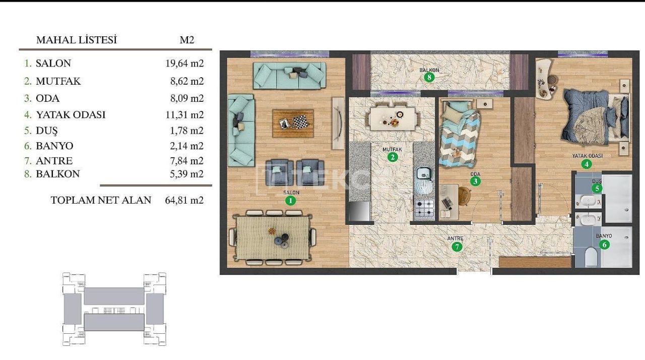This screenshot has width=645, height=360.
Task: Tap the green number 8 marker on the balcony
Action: (429, 77)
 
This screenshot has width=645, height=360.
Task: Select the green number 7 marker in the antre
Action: (457, 247)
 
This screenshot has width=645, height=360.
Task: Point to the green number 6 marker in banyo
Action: (604, 245)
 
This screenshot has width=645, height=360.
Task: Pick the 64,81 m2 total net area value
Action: (184, 200)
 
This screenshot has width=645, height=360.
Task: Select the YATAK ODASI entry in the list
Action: (71, 115)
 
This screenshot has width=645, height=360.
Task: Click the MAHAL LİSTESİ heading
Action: (77, 40)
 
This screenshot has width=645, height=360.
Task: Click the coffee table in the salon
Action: (293, 123)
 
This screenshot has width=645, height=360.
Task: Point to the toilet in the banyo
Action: (592, 257)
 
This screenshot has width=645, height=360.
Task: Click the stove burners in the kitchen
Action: (424, 208)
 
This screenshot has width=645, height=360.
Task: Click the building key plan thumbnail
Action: (114, 309)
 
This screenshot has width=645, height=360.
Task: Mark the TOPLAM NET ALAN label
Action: (101, 200)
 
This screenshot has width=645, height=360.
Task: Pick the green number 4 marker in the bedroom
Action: (586, 164)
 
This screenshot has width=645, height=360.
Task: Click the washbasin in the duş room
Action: (588, 202)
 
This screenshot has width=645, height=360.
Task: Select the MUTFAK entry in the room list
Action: (58, 81)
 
